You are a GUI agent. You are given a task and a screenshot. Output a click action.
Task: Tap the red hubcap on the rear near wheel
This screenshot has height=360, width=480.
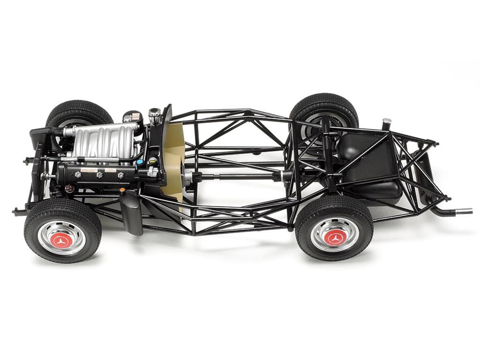[x=335, y=238]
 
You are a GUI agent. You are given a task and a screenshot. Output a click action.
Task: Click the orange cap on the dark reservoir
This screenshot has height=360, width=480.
[x=122, y=190]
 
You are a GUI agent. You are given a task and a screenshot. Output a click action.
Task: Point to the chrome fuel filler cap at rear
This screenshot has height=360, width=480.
[x=387, y=122]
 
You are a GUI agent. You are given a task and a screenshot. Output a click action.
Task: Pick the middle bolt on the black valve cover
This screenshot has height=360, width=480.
[x=99, y=174]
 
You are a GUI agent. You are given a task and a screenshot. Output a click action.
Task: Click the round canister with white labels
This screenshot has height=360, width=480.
[x=132, y=117]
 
